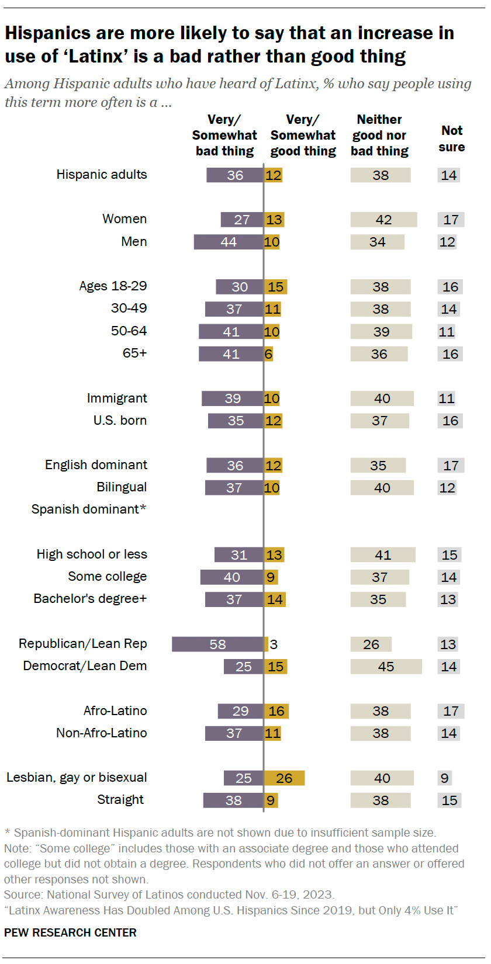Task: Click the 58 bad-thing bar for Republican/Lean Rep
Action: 217,644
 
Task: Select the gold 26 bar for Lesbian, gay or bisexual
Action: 284,778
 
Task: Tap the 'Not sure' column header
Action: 451,138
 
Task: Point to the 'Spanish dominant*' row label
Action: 89,509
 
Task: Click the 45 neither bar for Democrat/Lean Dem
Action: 386,666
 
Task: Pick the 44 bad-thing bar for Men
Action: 229,241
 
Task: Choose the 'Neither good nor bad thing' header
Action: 379,135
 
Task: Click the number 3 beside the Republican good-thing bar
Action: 274,644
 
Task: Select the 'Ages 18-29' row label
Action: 113,286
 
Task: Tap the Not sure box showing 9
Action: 445,778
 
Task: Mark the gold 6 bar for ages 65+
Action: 268,353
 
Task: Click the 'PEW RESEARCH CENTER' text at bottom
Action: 70,932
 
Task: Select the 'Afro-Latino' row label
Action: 115,710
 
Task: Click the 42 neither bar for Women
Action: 383,219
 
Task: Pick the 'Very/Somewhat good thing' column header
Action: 303,135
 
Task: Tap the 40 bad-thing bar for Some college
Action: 231,577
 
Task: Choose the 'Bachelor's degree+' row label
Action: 90,598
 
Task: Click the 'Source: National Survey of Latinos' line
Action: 169,894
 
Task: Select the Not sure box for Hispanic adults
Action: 448,175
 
